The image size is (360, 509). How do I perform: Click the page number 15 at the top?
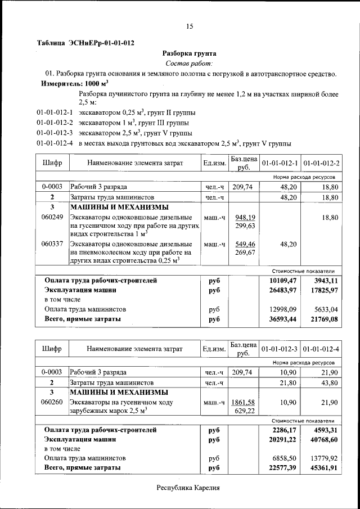[x=190, y=26]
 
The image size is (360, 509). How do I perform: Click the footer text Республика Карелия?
[x=188, y=488]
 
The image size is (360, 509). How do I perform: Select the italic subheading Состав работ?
[x=189, y=64]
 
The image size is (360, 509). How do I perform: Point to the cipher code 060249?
[x=52, y=217]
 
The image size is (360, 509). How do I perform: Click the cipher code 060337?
[x=52, y=244]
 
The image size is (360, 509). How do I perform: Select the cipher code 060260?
[x=52, y=402]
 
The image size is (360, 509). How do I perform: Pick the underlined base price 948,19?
[x=245, y=217]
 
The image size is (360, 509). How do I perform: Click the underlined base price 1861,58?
[x=244, y=402]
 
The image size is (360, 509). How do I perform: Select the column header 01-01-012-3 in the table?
[x=280, y=349]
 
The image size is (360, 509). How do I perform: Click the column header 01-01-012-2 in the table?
[x=321, y=163]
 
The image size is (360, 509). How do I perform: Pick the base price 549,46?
[x=245, y=244]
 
